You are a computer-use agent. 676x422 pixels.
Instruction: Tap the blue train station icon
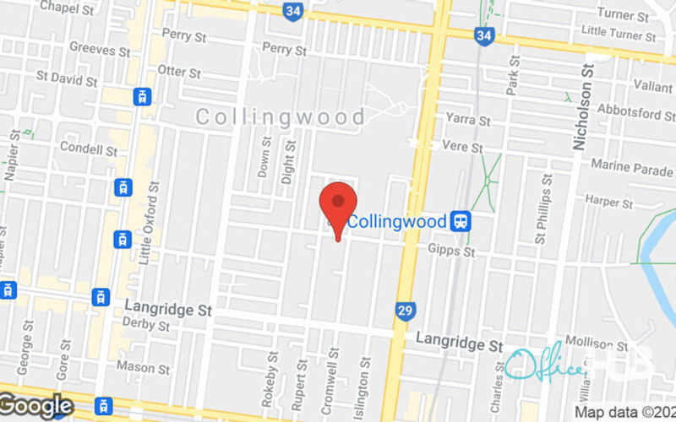[461, 221]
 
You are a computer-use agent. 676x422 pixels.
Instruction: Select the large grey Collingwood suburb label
[281, 117]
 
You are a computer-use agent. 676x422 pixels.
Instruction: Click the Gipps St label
[452, 252]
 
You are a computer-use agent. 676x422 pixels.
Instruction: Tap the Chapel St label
[66, 8]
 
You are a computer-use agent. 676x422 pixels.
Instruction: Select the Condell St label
[88, 149]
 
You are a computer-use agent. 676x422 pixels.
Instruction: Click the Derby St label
[146, 325]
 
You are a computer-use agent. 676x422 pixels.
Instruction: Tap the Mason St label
[142, 367]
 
